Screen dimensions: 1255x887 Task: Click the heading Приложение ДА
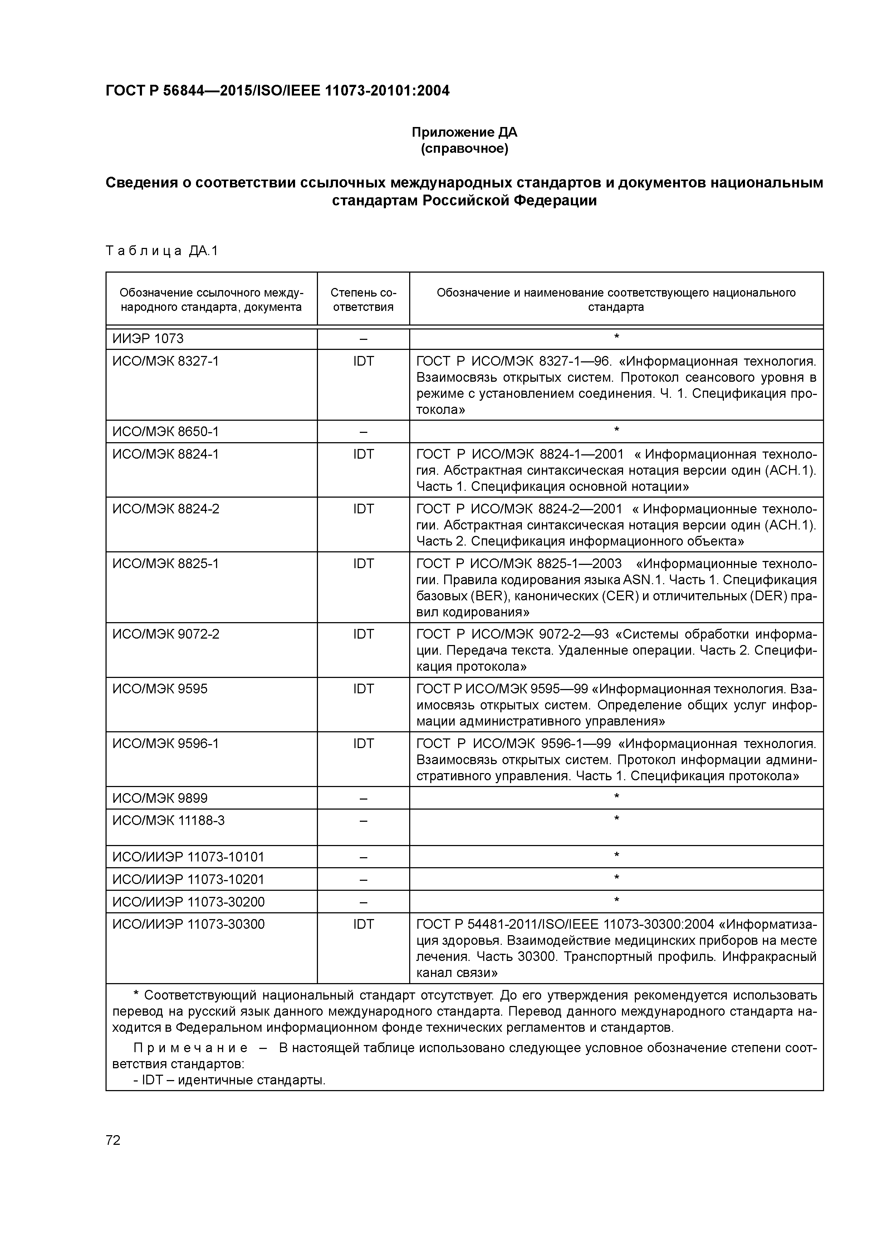coord(464,132)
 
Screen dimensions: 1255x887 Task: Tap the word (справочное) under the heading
coord(464,149)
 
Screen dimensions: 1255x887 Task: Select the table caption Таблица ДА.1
coord(162,251)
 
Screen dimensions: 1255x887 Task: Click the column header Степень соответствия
coord(363,299)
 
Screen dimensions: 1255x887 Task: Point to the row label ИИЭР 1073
coord(148,339)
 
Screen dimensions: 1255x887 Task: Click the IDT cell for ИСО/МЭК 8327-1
coord(363,361)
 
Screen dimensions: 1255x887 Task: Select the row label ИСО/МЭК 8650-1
coord(166,432)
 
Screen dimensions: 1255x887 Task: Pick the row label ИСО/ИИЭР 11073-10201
coord(188,879)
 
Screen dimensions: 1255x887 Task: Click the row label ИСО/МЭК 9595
coord(160,689)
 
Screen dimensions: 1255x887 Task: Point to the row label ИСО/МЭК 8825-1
coord(166,563)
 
